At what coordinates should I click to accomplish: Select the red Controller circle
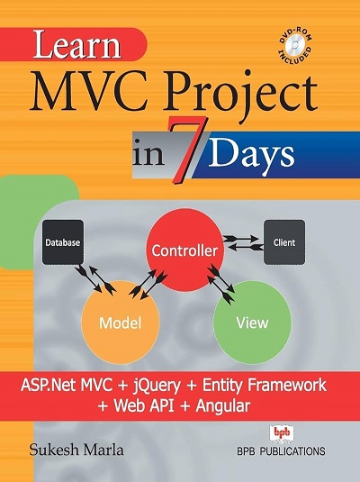tap(184, 248)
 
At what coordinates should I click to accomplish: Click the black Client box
tap(283, 242)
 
